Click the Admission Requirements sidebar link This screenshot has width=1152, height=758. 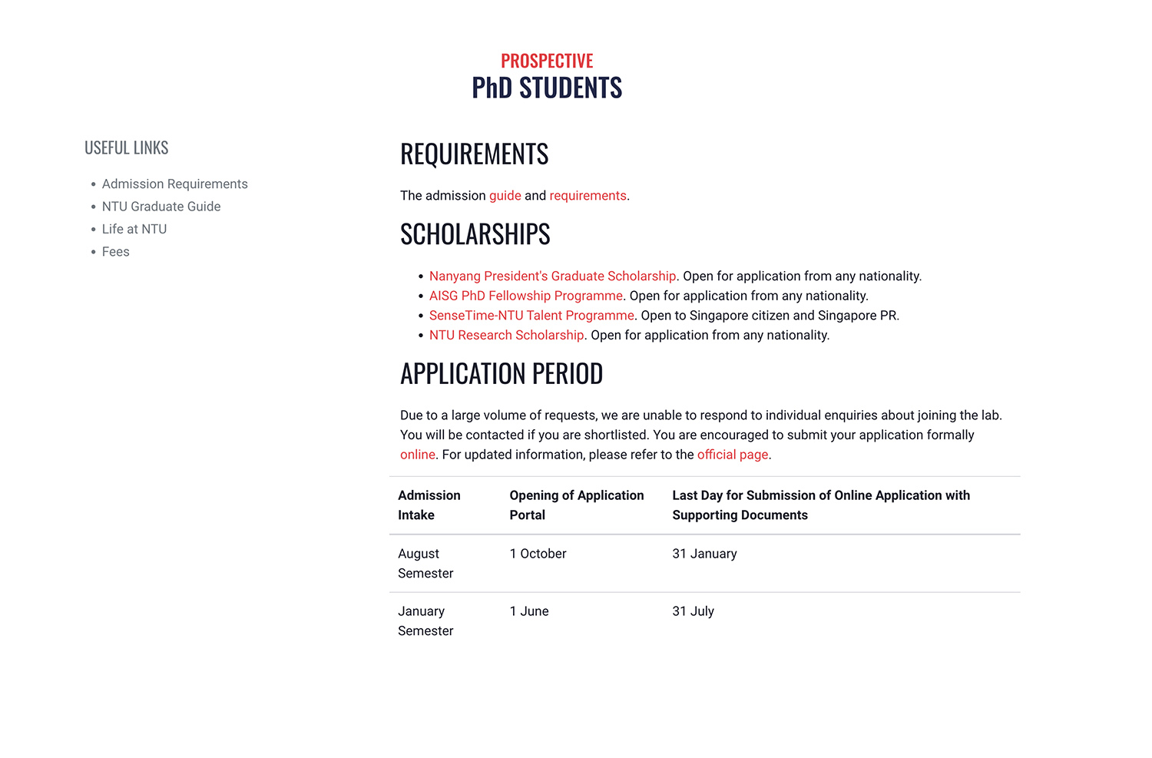coord(174,184)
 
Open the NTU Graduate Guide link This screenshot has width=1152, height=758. coord(161,207)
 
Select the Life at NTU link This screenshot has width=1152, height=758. coord(134,229)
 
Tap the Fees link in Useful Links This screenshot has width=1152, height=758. coord(116,252)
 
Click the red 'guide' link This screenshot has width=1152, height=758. coord(505,196)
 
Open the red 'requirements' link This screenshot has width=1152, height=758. coord(588,196)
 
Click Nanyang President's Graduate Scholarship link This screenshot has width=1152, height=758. coord(552,276)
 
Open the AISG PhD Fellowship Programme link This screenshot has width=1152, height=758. coord(525,296)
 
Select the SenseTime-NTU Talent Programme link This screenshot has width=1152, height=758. coord(531,316)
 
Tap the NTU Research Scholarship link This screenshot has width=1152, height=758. coord(506,336)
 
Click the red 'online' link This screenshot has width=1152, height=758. coord(417,455)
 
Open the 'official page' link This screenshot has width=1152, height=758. coord(732,455)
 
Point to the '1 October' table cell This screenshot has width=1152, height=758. coord(538,554)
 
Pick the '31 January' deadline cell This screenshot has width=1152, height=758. coord(704,554)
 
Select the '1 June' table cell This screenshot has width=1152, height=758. coord(529,611)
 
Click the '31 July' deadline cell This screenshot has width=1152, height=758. coord(693,611)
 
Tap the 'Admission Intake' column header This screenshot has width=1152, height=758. coord(429,505)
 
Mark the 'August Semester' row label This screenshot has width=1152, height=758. coord(425,564)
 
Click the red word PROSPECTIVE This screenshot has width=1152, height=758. coord(547,61)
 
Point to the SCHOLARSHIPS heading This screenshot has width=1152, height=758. coord(475,234)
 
